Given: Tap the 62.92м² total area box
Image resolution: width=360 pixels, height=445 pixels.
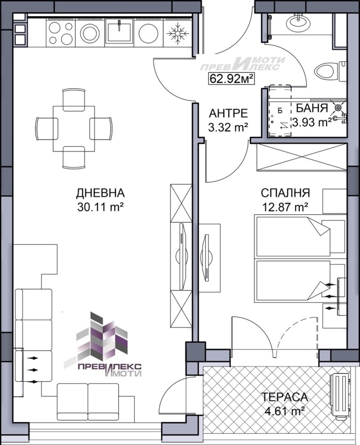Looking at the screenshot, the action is [231, 78].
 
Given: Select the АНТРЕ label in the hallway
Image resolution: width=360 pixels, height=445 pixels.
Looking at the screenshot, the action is [228, 113].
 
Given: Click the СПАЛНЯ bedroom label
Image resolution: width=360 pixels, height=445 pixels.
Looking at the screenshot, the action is [286, 193].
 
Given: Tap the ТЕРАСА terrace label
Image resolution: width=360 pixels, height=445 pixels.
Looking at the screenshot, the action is [285, 397].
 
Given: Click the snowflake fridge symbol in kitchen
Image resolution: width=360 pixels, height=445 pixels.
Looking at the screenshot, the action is [177, 33].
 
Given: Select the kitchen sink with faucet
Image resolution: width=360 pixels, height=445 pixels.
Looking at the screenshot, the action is [119, 31].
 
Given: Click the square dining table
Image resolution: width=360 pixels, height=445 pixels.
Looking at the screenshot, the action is [74, 129].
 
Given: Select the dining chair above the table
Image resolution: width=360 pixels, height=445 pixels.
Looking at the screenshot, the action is [74, 99].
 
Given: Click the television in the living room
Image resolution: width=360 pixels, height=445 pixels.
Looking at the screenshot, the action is [182, 256].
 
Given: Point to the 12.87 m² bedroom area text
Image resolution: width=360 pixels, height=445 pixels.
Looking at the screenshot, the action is [285, 207].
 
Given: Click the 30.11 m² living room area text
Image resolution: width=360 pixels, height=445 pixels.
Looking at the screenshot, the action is [100, 207].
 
